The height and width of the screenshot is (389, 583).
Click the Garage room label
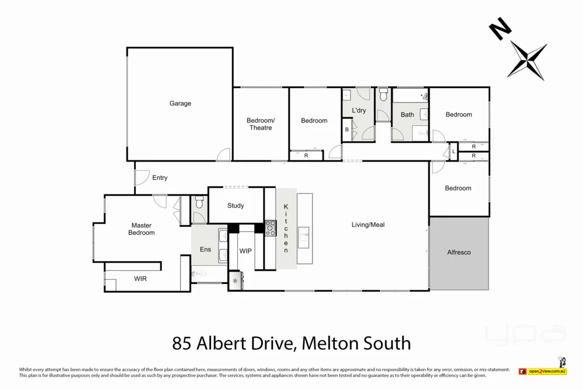[x=180, y=104]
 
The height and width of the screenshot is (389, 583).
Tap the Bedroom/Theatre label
[x=261, y=124]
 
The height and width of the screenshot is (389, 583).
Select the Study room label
[x=236, y=206]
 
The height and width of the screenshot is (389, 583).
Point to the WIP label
[x=245, y=251]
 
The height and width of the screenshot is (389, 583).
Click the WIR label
[x=141, y=279]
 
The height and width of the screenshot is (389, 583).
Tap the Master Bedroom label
[x=142, y=229]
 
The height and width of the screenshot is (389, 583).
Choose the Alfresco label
[x=459, y=253]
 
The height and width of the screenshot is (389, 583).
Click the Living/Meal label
[x=368, y=225]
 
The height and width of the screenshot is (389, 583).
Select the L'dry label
[x=359, y=111]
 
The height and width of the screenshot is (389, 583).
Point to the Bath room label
[x=408, y=115]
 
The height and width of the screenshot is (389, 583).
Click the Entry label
[x=160, y=178]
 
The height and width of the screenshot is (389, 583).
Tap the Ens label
[x=205, y=250]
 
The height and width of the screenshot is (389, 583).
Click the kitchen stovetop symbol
[x=271, y=228]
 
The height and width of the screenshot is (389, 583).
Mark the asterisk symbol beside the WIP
[x=235, y=282]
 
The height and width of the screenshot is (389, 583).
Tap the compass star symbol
[x=528, y=59]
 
